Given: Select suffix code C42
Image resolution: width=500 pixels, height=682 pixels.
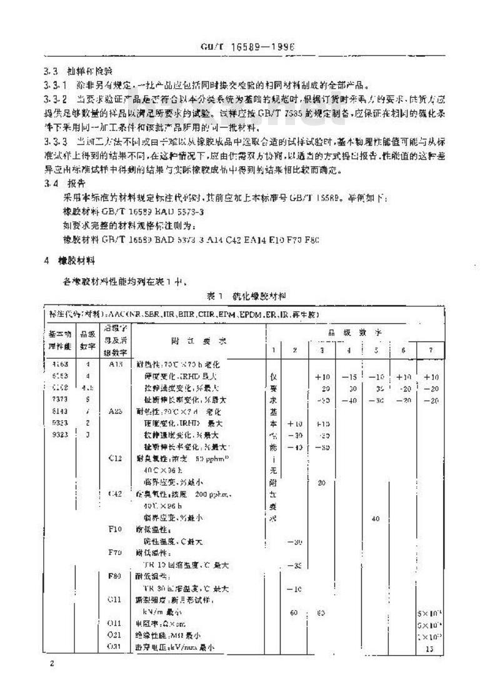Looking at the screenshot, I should click(x=114, y=494).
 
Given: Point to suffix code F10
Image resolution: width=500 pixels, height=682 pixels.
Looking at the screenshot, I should click(x=114, y=528).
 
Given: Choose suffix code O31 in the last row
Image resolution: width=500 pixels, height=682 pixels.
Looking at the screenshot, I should click(x=114, y=647).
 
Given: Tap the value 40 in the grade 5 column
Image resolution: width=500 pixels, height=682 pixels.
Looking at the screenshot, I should click(x=376, y=518).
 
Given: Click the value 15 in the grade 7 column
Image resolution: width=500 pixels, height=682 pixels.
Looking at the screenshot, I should click(x=429, y=649).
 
